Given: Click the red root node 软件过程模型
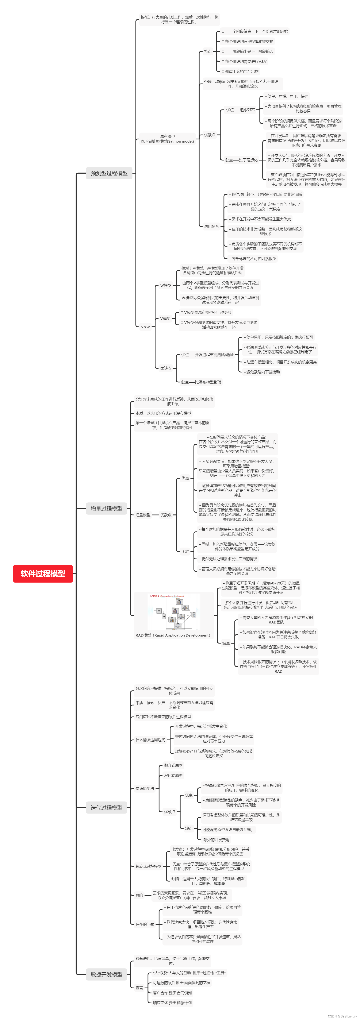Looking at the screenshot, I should [43, 573].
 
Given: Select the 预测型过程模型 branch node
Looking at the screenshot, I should [109, 173].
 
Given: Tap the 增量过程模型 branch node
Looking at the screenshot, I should [106, 508].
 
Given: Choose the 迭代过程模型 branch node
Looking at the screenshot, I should [106, 807].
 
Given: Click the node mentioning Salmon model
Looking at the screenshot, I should [167, 139].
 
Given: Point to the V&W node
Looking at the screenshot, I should [145, 327].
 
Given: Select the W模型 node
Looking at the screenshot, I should [165, 285].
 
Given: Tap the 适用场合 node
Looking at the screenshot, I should [211, 227].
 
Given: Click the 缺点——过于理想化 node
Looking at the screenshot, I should [241, 160].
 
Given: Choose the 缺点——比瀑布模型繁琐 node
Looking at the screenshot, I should [201, 382].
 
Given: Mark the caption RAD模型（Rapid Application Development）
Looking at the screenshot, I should [173, 635].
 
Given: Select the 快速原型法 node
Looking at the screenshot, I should [145, 788].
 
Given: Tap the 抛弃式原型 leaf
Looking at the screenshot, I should [173, 765].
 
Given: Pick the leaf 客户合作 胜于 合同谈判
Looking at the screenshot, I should [172, 993].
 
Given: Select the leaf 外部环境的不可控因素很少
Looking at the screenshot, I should [253, 259].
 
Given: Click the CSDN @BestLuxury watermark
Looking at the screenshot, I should [342, 1016].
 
